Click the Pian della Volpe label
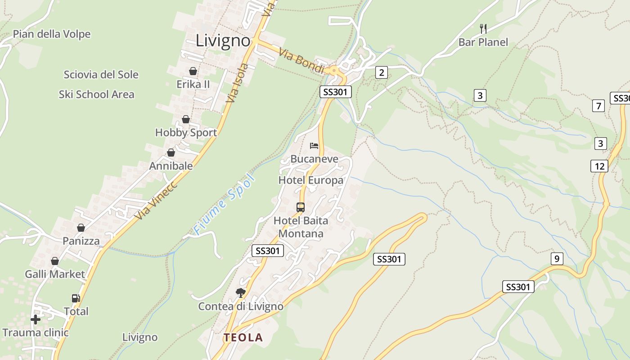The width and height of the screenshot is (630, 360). [52, 34]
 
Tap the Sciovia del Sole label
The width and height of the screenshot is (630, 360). [101, 75]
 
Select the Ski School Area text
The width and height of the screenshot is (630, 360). [96, 94]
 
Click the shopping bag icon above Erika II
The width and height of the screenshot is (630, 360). [193, 71]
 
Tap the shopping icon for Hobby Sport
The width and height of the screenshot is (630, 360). [186, 119]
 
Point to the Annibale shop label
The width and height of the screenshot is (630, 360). [171, 166]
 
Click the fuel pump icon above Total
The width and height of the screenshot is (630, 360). [76, 298]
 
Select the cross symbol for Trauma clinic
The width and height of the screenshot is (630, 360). [36, 319]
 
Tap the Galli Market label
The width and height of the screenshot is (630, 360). [55, 274]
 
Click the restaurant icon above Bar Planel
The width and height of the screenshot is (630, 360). [483, 29]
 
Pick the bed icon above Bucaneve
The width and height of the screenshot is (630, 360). [314, 145]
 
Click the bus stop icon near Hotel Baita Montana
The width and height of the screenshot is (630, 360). [301, 207]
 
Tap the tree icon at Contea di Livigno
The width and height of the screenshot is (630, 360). [241, 293]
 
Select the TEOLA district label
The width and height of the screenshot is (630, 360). [243, 337]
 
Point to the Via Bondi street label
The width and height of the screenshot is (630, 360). [301, 61]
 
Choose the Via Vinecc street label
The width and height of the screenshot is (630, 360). [156, 201]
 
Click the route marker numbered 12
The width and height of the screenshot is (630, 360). [599, 166]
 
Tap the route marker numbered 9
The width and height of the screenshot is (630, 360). [557, 259]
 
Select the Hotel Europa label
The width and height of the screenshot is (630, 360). [311, 180]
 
